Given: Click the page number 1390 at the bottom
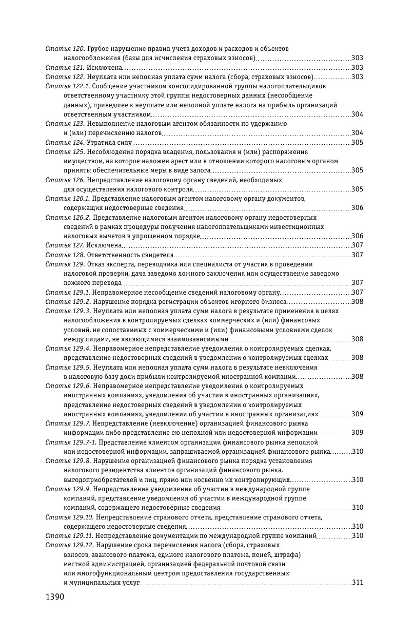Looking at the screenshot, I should (x=54, y=597).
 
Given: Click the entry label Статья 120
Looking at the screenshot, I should (x=65, y=49).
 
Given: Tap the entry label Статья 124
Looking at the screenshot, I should (x=65, y=143).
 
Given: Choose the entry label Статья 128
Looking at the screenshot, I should (x=65, y=255).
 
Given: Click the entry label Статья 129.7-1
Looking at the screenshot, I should (x=71, y=442).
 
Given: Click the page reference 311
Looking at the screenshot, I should (x=358, y=583).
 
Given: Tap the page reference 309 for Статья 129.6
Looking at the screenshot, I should (x=358, y=414).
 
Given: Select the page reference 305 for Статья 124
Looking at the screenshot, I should (x=358, y=143).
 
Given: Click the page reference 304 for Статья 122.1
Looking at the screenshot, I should (x=358, y=114).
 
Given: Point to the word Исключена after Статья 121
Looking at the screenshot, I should (x=104, y=68).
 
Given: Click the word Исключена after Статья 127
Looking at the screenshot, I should (x=104, y=246).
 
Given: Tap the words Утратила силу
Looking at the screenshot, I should (x=109, y=143).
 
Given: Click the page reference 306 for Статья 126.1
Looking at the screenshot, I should (x=358, y=208).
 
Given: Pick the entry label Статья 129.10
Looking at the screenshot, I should (x=69, y=517).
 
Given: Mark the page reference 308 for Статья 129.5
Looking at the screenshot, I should (x=358, y=377).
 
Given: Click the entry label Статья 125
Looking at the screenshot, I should (x=65, y=152).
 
